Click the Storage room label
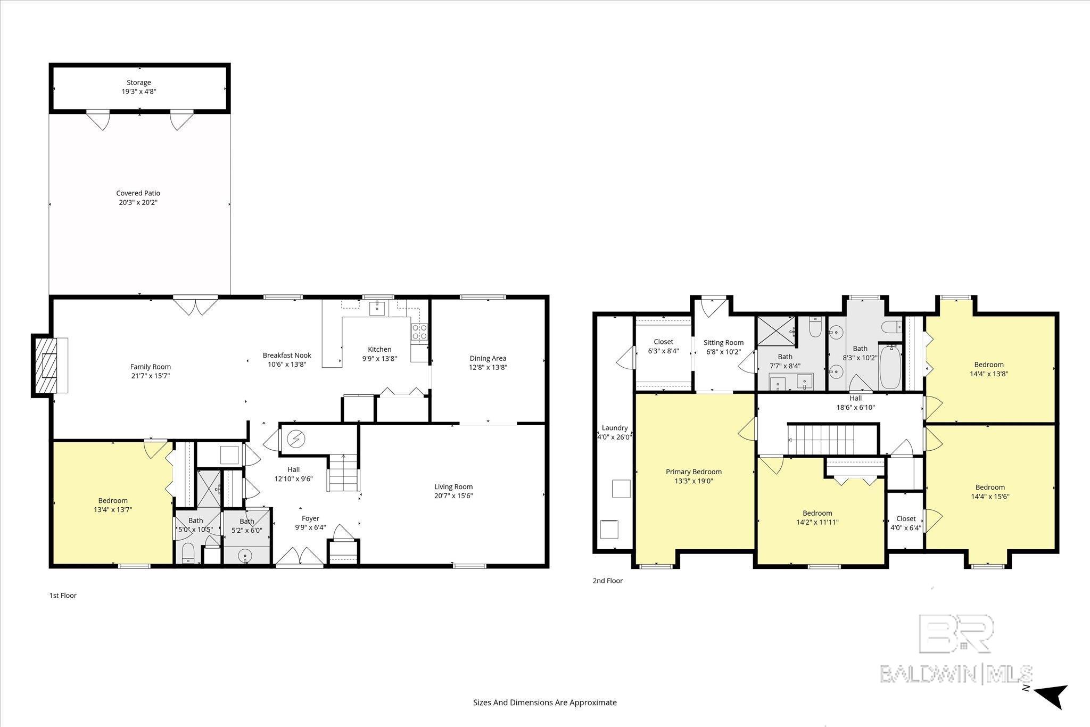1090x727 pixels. [x=139, y=82]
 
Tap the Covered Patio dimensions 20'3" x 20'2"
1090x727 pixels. [x=138, y=202]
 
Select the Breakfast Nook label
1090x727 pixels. [x=287, y=356]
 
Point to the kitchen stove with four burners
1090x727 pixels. [x=419, y=332]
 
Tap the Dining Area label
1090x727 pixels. [x=488, y=358]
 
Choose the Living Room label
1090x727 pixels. [x=453, y=486]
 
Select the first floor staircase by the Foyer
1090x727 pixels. [x=343, y=473]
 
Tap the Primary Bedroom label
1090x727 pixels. [x=693, y=472]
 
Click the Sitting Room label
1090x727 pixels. [x=723, y=343]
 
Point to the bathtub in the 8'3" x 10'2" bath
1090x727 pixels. [x=890, y=367]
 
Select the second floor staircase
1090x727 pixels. [x=821, y=440]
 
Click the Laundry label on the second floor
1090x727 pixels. [x=615, y=428]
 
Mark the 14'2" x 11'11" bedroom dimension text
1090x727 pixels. [x=814, y=522]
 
